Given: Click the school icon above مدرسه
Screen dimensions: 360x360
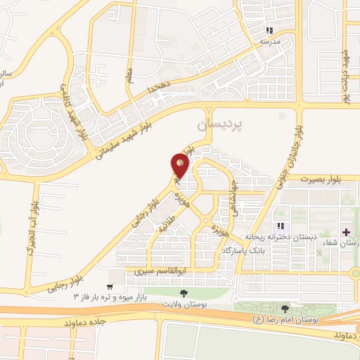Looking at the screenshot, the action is coord(269,31).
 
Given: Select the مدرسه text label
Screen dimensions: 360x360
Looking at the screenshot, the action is coord(269,41).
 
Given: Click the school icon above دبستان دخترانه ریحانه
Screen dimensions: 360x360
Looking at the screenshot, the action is coord(281,226).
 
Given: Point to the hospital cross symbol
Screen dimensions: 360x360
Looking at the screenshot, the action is coord(345,232).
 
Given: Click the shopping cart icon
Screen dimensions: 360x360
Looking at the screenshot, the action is coord(109,286).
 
